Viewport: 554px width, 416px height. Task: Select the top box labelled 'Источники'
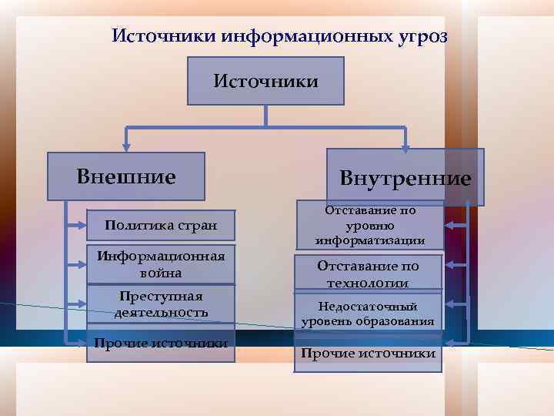click(x=265, y=80)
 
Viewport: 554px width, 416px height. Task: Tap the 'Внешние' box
click(x=126, y=176)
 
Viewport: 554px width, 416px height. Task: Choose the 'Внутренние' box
click(x=405, y=179)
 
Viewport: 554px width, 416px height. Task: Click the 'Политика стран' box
click(x=161, y=226)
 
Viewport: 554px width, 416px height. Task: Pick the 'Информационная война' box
click(x=161, y=264)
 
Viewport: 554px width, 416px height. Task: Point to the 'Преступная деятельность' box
click(x=161, y=304)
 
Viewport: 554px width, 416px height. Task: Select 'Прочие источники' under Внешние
click(x=161, y=344)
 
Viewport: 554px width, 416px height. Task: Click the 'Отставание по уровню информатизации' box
click(x=370, y=225)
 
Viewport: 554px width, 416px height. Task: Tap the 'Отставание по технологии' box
click(x=368, y=273)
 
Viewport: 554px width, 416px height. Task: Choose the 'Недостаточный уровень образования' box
click(x=368, y=314)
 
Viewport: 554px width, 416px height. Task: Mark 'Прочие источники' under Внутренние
click(x=368, y=354)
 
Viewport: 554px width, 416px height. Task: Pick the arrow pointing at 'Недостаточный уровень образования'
click(x=455, y=306)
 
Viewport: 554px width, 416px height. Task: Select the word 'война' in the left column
click(x=161, y=273)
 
